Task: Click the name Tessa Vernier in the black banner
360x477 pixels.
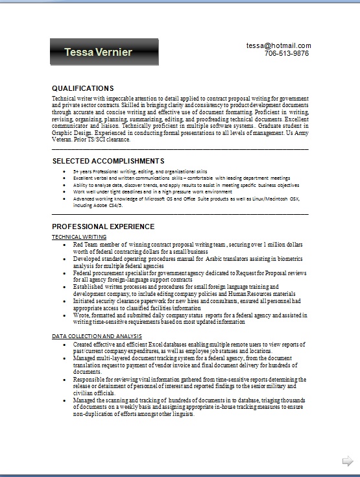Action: [x=98, y=52]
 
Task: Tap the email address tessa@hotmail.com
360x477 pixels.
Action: [x=278, y=45]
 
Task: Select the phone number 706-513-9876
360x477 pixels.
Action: [x=286, y=53]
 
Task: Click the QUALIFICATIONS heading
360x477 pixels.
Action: [x=82, y=88]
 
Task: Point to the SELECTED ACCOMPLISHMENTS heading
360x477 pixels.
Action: [x=108, y=160]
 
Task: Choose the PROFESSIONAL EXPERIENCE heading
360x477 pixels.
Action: [x=103, y=226]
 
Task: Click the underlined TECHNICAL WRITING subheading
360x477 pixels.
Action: [x=79, y=238]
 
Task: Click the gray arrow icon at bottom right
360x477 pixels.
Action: [x=348, y=461]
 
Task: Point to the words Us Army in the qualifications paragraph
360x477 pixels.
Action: [x=296, y=133]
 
